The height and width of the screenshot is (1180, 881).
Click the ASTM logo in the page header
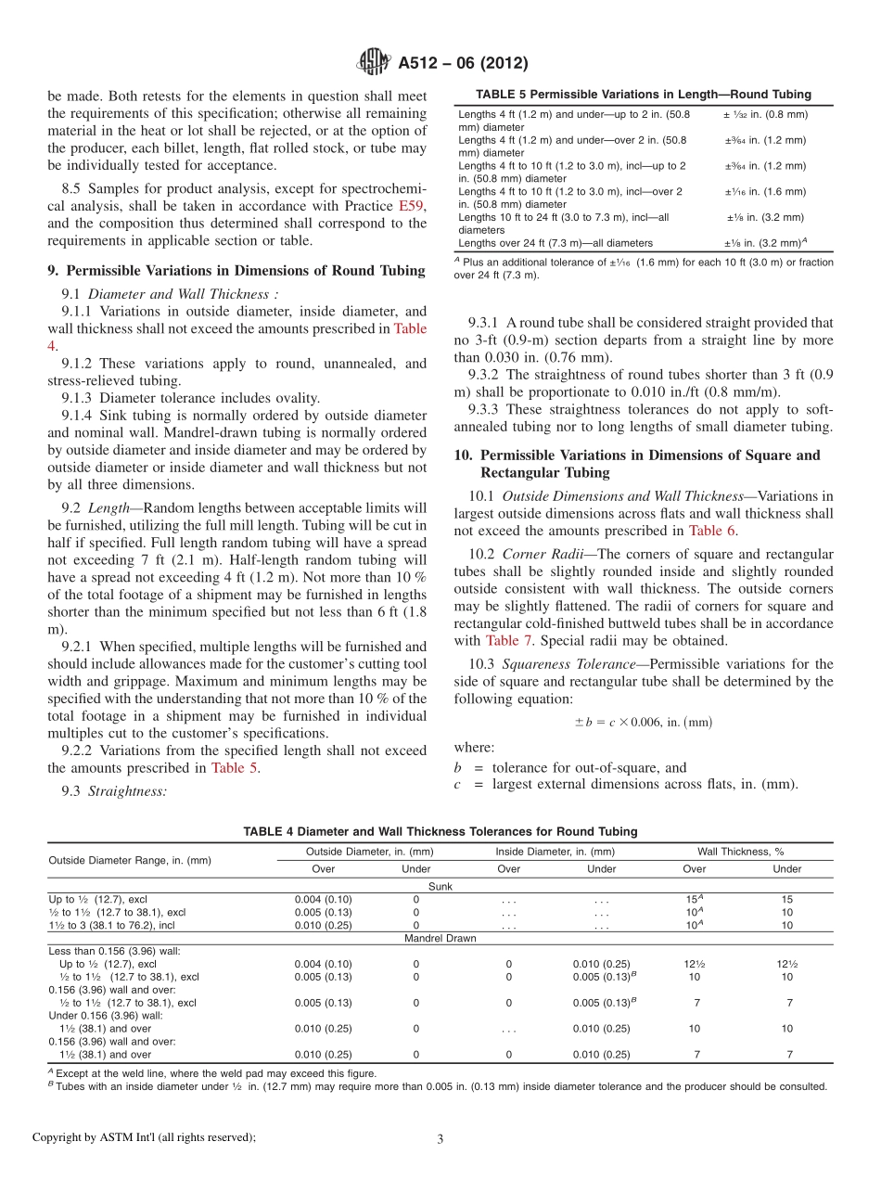click(374, 63)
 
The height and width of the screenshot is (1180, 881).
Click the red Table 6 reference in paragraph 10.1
click(711, 531)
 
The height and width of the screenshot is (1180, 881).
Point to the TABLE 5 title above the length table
click(643, 95)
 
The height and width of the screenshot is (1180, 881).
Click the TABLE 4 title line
click(440, 831)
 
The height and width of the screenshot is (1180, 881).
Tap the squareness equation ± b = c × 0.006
click(643, 721)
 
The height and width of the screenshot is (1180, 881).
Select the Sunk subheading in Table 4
click(440, 887)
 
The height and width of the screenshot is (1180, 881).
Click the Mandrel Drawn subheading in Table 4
click(440, 938)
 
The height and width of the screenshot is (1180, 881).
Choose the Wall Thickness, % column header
click(740, 851)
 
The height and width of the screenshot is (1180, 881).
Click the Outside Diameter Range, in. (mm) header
click(130, 860)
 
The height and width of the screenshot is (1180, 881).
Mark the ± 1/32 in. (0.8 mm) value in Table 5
click(765, 114)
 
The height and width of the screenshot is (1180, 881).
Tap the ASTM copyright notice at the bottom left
click(144, 1137)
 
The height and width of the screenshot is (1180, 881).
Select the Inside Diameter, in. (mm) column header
click(555, 851)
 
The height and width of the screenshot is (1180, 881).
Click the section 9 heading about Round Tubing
click(236, 271)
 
